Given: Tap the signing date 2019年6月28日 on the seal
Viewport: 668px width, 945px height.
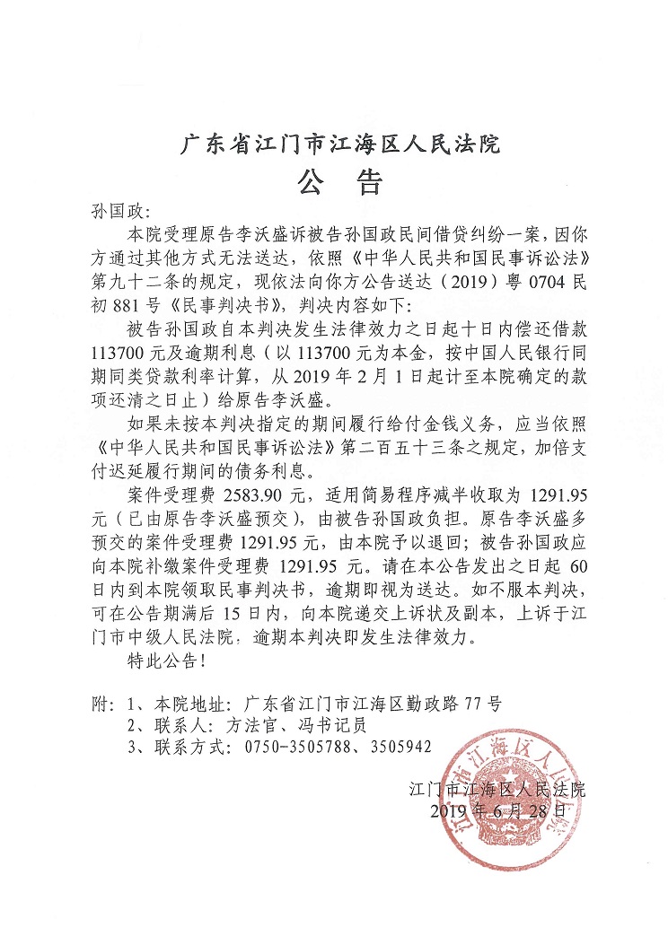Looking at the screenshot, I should (x=499, y=809).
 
